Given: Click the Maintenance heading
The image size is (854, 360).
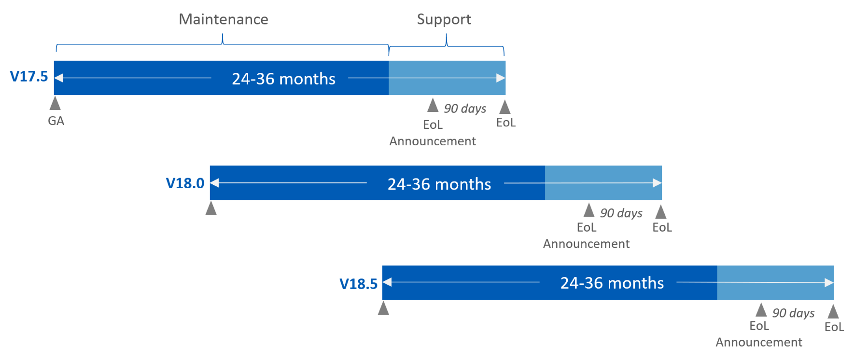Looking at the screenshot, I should pos(224,19).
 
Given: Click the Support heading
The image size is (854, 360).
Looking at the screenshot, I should pos(444,19).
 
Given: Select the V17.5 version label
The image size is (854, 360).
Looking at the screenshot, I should pos(29,76).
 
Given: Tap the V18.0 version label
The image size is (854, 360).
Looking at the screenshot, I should pos(185,183).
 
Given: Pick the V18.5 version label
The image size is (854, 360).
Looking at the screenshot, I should pos(358,284).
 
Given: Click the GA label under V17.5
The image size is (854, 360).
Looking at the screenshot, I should pos(56,121).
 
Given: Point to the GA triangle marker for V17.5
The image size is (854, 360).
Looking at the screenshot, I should pos(56,103).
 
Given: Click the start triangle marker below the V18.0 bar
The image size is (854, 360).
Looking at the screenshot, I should pos(211,208).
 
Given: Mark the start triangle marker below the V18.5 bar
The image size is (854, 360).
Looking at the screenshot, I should pos(383,308).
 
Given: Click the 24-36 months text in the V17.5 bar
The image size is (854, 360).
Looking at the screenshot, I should pos(283,79).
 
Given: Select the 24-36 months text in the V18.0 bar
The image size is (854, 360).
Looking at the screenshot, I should pos(439,184).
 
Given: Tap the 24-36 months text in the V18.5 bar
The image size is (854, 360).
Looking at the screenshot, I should pos(612,283).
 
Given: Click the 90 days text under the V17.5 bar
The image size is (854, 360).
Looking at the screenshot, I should pos(465,109).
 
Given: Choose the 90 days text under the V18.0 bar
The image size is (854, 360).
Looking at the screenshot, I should pos(621,213).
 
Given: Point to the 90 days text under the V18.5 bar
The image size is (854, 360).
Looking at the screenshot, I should pos(793,313).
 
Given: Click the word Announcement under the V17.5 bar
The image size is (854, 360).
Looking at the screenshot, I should pos(433,141).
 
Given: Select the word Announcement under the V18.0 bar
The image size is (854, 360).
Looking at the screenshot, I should pos(586,244).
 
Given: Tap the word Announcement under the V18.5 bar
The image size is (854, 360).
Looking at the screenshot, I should pos(758,343).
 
